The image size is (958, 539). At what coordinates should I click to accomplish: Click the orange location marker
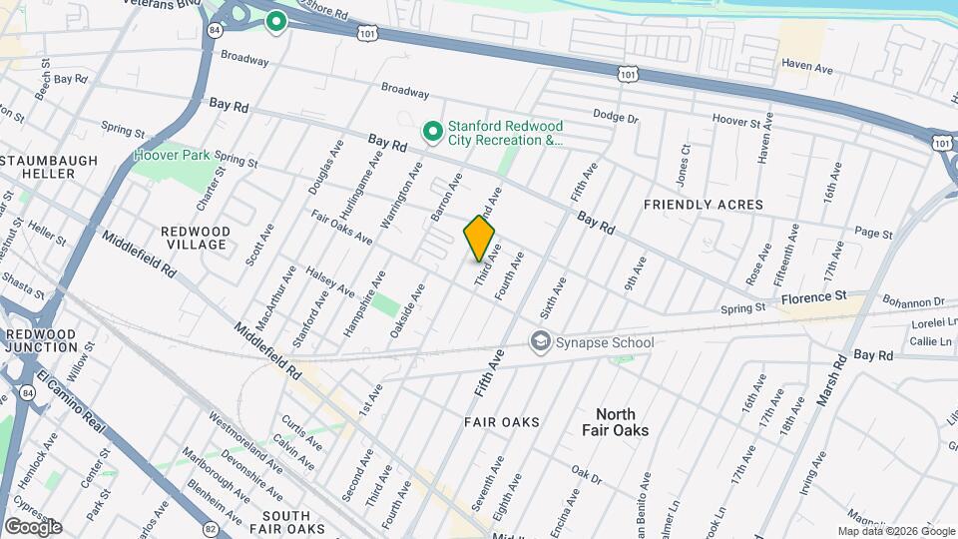coord(479,239)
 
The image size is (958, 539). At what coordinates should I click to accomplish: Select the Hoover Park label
coord(172,157)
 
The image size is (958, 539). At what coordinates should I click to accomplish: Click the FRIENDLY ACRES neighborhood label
coord(703,205)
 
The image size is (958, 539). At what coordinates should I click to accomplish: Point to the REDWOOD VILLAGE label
coord(196,238)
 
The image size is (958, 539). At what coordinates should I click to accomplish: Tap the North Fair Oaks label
coord(616,422)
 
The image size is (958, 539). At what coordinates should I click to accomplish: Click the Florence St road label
coord(812,297)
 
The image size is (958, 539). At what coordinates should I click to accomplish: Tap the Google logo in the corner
coord(32,527)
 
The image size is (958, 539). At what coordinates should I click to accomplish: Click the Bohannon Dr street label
coord(912,301)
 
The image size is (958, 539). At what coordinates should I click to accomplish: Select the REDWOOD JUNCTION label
coord(41,340)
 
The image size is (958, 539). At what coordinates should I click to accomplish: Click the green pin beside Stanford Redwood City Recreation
coord(432,132)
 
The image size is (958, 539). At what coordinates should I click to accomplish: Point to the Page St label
coord(873,233)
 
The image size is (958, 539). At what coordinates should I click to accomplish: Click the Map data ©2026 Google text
coord(895,531)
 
